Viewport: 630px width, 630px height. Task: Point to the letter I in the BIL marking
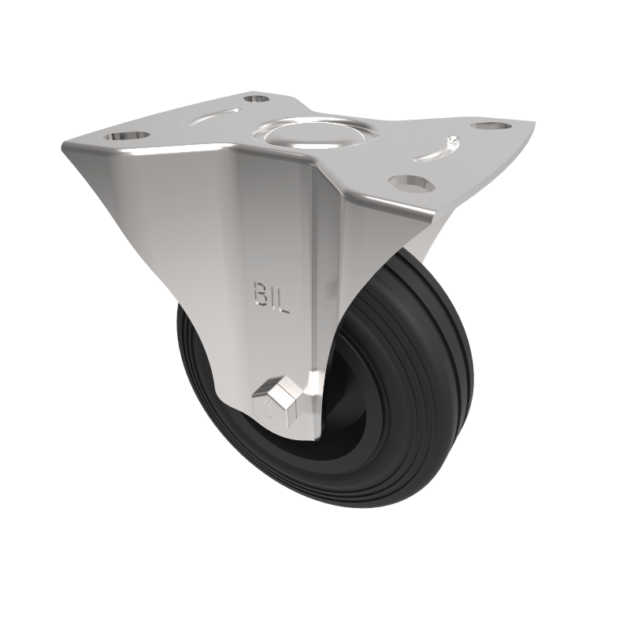coord(272,298)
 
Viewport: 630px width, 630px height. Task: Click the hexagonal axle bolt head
coord(277,397)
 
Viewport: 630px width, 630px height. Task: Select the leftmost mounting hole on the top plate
coord(131,135)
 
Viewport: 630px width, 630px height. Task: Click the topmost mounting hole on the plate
coord(256,98)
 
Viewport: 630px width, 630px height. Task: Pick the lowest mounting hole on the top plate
coord(411,183)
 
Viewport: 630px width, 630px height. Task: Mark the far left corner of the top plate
coord(65,146)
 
